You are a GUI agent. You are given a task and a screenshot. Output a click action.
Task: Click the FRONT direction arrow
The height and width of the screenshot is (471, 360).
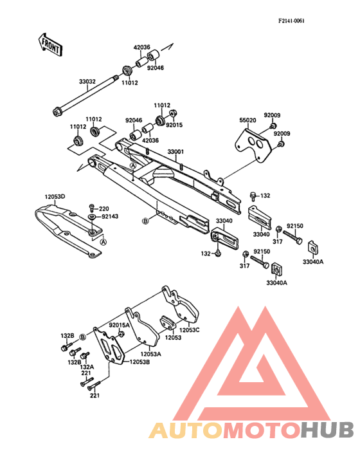coord(50,45)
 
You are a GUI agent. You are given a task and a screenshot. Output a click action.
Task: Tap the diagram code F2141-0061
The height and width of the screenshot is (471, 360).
coord(291,21)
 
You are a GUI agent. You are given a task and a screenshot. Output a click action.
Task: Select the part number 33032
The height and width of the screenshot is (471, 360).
coord(87,82)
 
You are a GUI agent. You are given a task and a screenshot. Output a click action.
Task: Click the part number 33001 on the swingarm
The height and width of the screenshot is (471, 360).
coord(175,152)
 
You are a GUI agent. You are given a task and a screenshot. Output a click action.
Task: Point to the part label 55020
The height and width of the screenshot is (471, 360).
coord(248,120)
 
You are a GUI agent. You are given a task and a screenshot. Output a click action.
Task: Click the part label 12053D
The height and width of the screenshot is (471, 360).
coord(55,197)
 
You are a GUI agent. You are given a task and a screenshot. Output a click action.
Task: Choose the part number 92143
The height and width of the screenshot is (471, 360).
coord(110,216)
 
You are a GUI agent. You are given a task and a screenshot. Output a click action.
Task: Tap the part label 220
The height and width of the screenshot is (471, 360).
coord(104,208)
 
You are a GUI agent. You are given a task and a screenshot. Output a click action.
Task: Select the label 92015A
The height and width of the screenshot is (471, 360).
coord(119,325)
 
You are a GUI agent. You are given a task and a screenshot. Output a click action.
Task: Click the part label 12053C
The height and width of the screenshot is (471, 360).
coord(190,330)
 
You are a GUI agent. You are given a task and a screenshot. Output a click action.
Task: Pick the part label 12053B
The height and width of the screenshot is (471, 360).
coord(139,362)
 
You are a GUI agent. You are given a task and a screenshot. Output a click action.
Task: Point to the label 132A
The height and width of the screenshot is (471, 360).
coord(87,367)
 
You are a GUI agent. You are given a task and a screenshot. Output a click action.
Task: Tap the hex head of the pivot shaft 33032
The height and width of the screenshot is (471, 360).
coord(56,112)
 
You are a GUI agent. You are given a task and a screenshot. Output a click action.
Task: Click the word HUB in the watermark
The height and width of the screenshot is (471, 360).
coord(327,430)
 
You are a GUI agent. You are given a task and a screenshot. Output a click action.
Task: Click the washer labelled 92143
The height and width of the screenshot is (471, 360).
coord(91,217)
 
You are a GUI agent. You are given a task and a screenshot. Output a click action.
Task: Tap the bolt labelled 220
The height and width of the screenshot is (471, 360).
coord(92,207)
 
